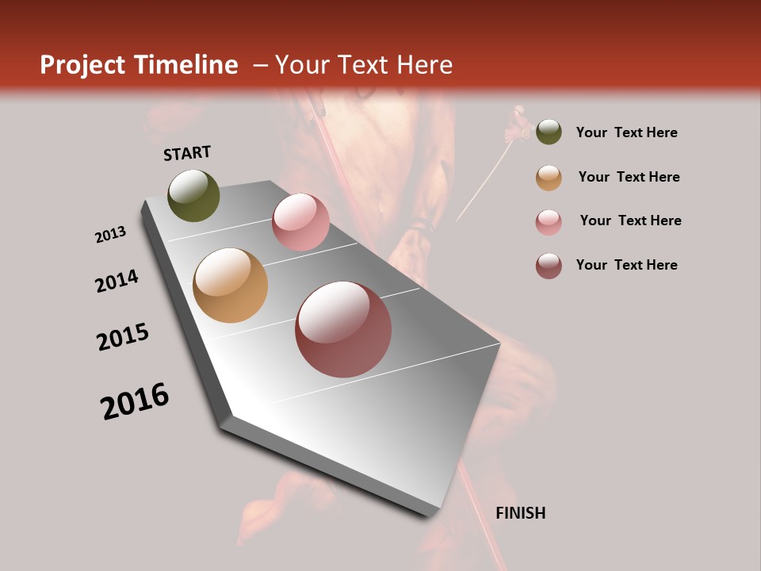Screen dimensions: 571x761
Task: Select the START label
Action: point(187,153)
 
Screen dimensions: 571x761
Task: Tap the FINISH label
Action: point(520,513)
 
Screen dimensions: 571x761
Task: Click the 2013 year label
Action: point(110,235)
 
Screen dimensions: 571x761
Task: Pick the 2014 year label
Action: point(117,281)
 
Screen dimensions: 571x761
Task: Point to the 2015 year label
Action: point(123,337)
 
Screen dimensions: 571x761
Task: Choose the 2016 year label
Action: point(135,401)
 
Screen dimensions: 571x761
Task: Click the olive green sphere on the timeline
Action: point(193,195)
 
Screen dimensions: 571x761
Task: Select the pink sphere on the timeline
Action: point(300,221)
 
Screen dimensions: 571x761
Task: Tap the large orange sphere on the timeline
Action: point(230,285)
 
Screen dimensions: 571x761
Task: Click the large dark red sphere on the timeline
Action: point(343,328)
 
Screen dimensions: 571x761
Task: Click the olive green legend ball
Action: point(549,132)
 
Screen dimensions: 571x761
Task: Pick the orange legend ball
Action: point(549,178)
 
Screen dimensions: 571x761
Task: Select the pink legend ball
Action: point(549,222)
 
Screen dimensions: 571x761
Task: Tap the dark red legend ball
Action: point(549,266)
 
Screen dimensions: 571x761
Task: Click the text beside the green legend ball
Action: point(626,132)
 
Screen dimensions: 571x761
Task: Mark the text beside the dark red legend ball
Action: point(626,265)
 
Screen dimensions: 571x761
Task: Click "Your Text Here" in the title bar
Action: point(364,65)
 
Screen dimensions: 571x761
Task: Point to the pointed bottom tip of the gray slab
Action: point(429,515)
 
